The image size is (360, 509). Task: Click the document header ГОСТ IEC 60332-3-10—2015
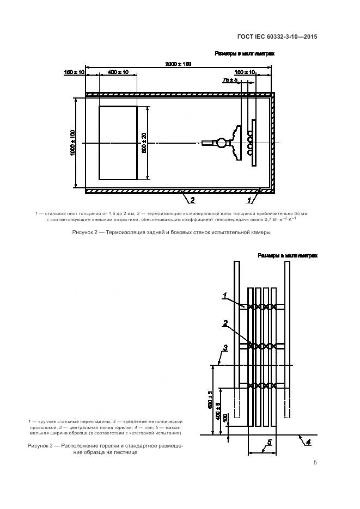(277, 37)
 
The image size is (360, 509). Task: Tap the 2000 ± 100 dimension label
(179, 64)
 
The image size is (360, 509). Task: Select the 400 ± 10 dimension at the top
(118, 72)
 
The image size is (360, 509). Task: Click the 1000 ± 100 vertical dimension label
(73, 143)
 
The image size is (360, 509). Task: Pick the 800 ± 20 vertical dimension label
(144, 143)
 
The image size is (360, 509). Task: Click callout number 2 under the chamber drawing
(185, 200)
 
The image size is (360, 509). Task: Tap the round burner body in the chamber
(222, 143)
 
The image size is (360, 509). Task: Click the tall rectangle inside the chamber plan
(118, 143)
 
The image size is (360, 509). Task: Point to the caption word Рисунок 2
(87, 232)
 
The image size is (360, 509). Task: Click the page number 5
(315, 463)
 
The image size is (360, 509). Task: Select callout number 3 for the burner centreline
(225, 347)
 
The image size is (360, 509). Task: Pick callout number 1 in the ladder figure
(225, 296)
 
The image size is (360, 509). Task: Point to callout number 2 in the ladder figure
(225, 323)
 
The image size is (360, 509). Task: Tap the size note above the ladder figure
(287, 255)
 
